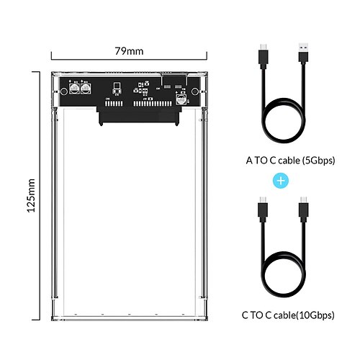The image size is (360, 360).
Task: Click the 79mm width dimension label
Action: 129,51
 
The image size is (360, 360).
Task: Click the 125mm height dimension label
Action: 31,196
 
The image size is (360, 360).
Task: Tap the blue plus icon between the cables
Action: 281,181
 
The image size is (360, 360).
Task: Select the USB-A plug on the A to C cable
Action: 303,53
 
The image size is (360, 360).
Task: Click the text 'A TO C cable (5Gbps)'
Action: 290,161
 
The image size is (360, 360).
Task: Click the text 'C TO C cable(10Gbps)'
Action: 288,315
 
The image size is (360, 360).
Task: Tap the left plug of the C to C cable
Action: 263,208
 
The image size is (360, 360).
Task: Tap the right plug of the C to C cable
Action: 304,208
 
